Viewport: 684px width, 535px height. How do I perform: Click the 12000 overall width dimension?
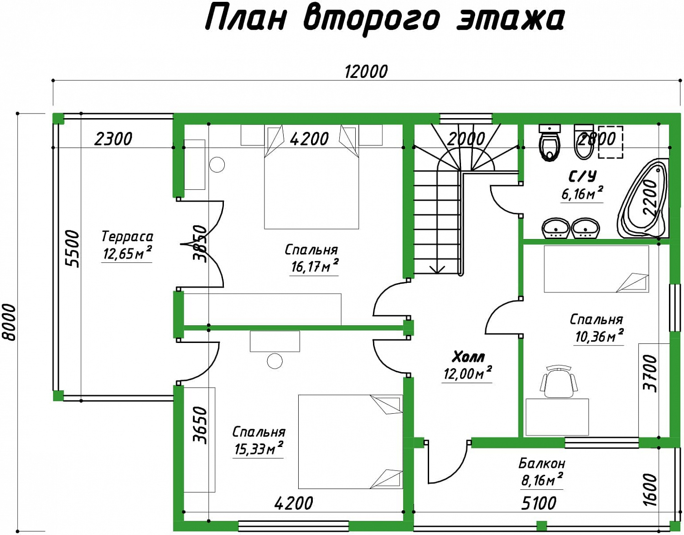point(366,72)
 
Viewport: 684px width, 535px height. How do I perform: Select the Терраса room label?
point(127,236)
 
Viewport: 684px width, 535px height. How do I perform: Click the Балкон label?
point(542,463)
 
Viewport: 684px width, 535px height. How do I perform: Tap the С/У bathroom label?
point(582,177)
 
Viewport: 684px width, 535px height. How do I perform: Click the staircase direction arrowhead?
point(437,269)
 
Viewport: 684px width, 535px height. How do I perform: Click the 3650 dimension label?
point(201,426)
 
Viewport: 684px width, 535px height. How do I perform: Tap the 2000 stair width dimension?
point(466,139)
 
